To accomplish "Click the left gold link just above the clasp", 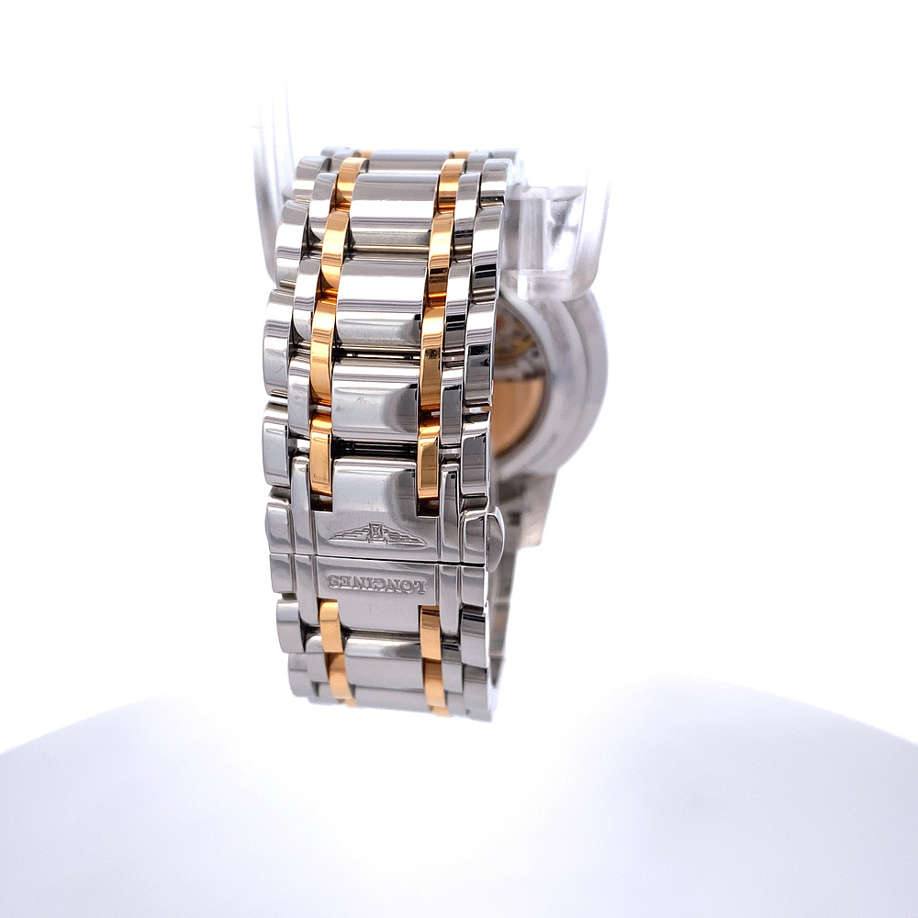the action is tap(320, 452).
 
